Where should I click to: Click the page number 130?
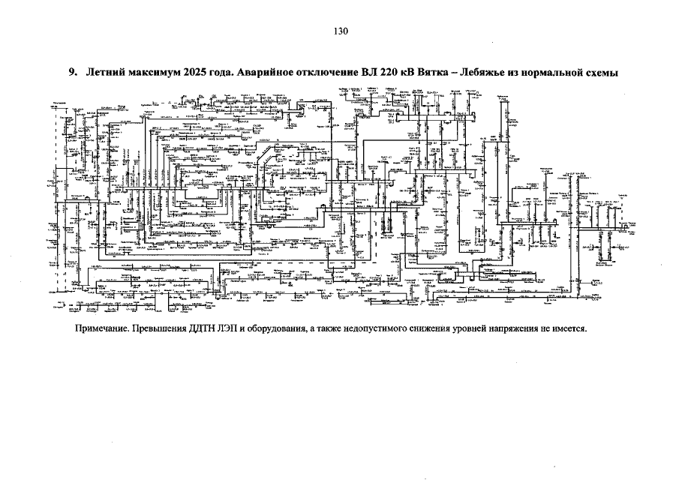tap(340, 31)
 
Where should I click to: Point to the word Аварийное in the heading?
tap(261, 73)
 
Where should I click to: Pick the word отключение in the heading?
tap(328, 73)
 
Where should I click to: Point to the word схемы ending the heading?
tap(614, 73)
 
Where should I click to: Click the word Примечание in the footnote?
tap(102, 329)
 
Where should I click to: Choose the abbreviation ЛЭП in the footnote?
tap(233, 329)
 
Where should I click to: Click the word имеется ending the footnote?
tap(568, 329)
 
